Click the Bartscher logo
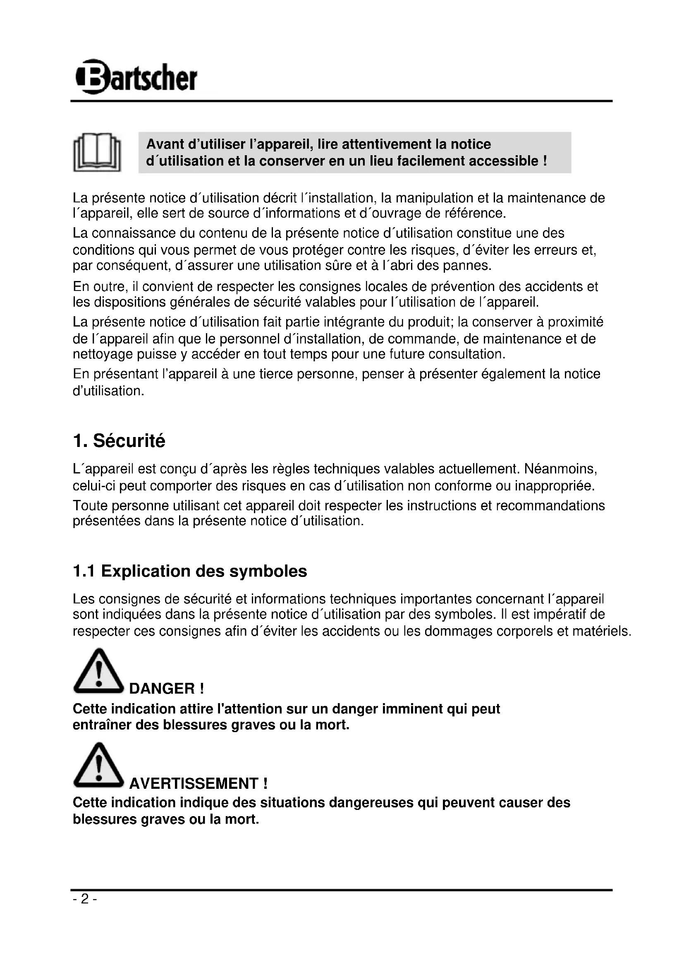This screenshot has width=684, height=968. pyautogui.click(x=136, y=77)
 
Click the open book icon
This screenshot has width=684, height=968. pyautogui.click(x=97, y=152)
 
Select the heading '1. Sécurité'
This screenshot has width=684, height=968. pyautogui.click(x=119, y=441)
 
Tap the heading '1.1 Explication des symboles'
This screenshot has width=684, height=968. pyautogui.click(x=190, y=571)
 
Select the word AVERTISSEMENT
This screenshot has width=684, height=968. pyautogui.click(x=193, y=784)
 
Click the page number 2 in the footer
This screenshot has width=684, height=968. pyautogui.click(x=85, y=899)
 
